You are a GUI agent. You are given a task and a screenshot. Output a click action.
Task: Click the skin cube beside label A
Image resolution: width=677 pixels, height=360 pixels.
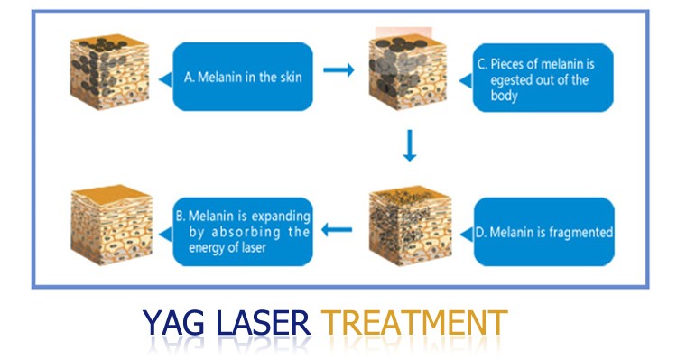tap(107, 72)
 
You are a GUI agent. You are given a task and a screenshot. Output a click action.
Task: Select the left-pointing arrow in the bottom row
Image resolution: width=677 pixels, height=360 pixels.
tap(338, 228)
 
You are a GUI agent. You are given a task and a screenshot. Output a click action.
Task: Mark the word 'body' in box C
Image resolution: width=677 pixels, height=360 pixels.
tap(505, 96)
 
